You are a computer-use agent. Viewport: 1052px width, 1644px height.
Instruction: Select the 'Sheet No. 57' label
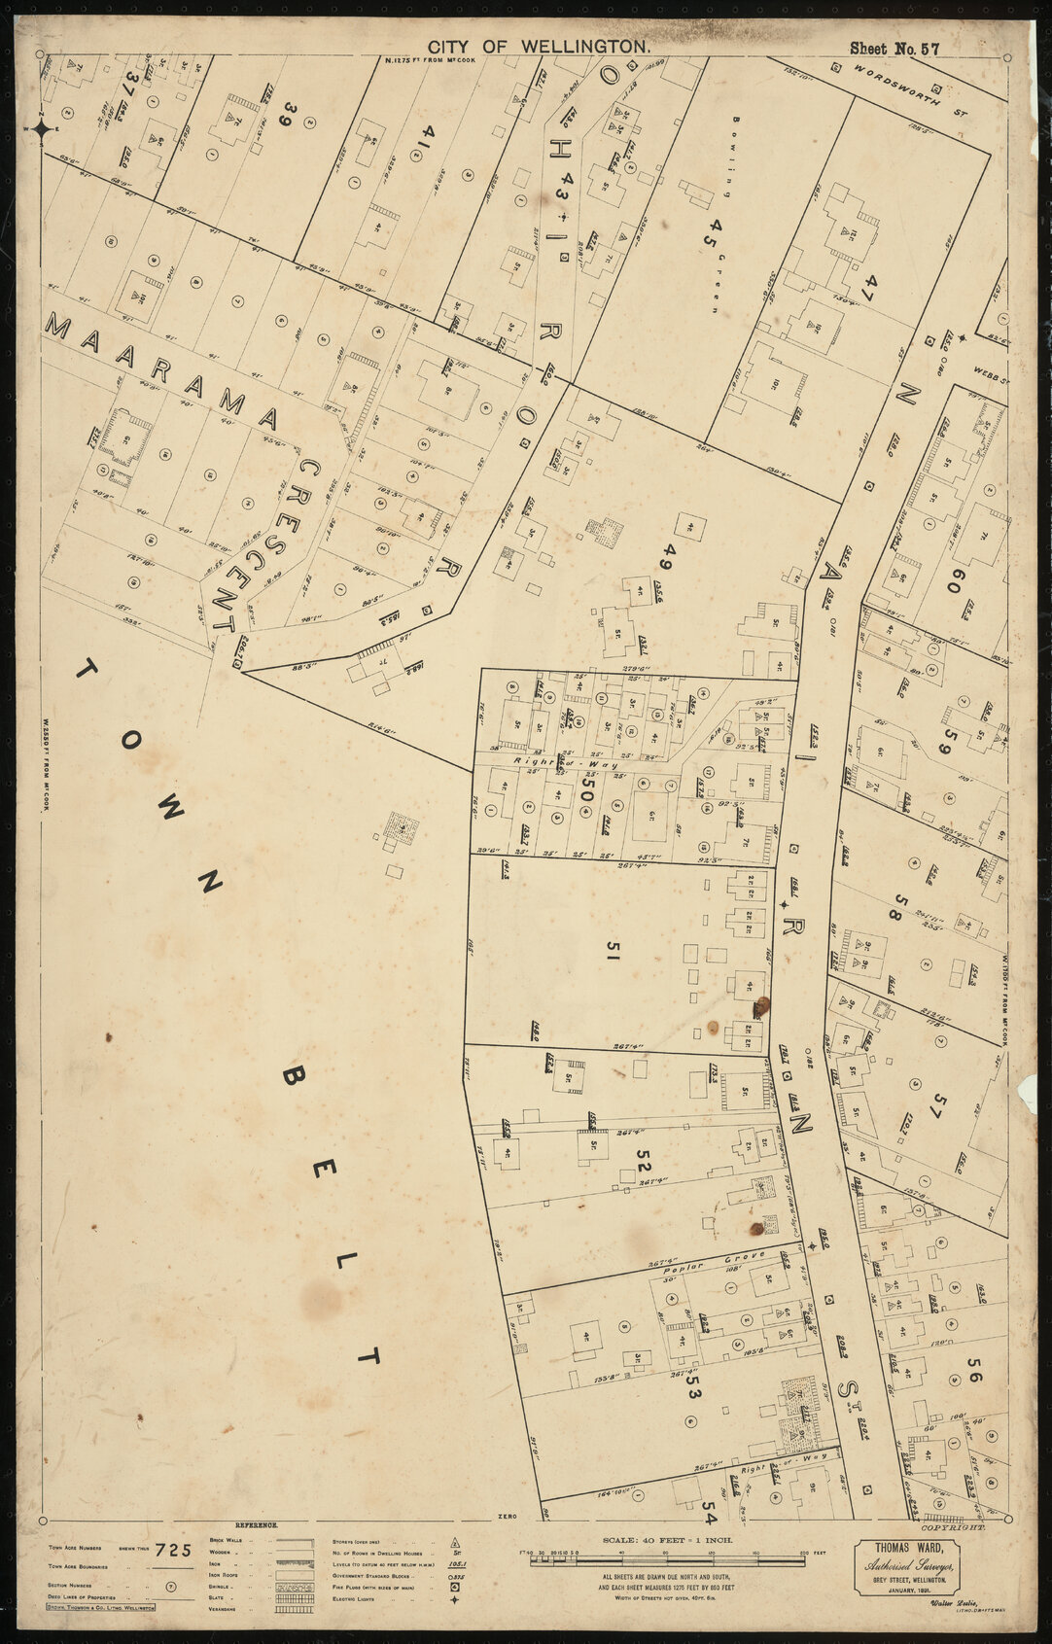894,48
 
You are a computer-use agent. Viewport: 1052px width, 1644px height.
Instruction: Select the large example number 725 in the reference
174,1550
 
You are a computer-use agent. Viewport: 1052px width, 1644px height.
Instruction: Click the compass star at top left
42,127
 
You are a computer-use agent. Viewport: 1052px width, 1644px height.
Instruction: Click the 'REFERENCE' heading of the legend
257,1526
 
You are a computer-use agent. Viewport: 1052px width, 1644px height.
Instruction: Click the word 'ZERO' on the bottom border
504,1517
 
